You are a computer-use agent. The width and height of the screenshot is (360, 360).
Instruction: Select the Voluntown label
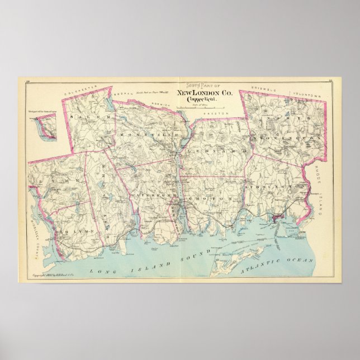point(306,96)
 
